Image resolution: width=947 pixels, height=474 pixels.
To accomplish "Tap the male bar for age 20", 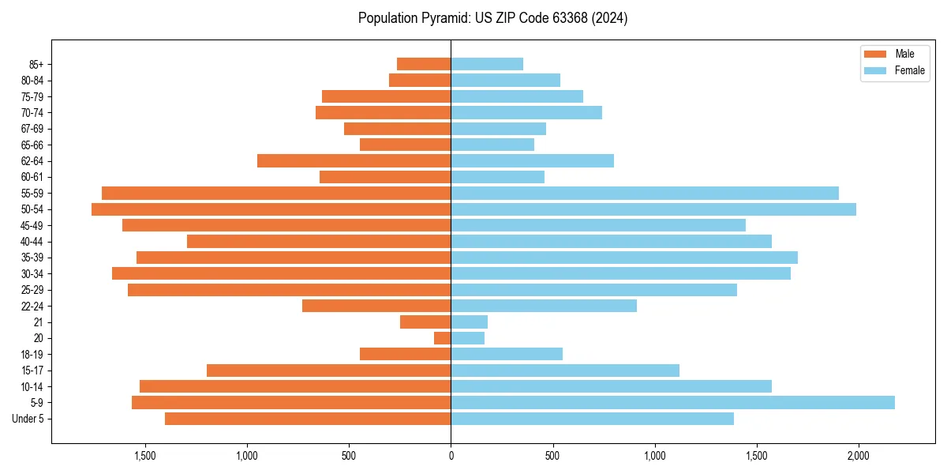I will point(443,338).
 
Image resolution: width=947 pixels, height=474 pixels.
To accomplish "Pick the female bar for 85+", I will point(487,64).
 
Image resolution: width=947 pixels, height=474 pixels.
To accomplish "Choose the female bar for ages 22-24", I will point(544,306).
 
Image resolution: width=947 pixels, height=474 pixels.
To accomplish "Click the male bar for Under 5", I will point(308,419).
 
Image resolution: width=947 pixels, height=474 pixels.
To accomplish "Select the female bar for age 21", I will point(470,322).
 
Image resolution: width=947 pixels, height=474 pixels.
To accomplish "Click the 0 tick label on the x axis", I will point(451,456).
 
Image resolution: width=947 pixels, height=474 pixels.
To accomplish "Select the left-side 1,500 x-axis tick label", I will point(145,456).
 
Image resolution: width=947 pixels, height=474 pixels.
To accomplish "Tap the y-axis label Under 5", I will point(28,419).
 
